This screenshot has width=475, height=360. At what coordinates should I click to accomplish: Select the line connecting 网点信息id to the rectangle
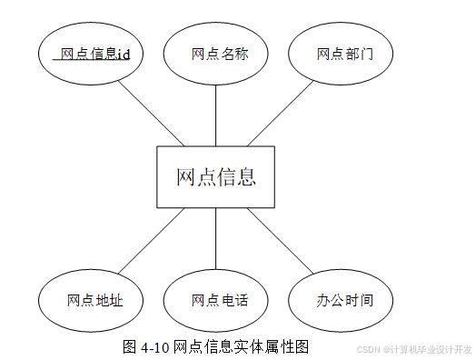point(151,114)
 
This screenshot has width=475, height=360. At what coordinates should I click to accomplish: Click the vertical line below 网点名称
point(215,115)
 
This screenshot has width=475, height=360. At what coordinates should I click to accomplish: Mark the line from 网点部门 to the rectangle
point(281,114)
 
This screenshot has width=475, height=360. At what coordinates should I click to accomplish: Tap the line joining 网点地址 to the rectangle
point(151,241)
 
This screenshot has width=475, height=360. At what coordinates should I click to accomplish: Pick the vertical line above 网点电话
point(215,239)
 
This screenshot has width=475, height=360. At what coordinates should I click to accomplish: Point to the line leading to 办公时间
point(281,241)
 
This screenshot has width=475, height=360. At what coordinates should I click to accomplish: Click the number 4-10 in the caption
point(154,347)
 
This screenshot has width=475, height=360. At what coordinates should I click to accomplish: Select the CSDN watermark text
point(414,349)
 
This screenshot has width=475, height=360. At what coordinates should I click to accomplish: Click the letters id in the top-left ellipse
point(124,55)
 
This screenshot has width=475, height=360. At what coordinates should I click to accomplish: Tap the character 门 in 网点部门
point(366,55)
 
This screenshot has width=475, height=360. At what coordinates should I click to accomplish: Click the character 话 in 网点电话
point(242,300)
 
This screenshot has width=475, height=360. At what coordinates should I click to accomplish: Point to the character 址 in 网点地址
point(116,300)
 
